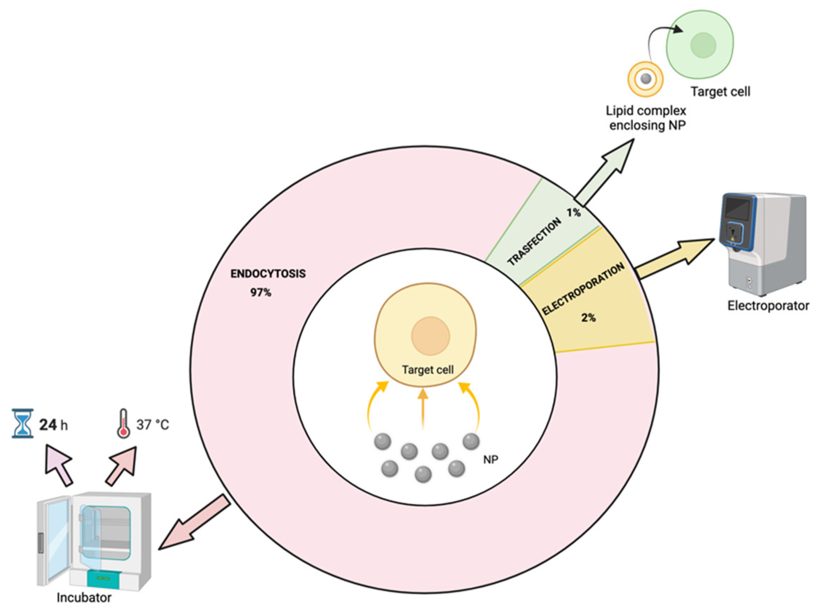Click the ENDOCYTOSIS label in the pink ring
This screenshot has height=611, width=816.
click(x=268, y=274)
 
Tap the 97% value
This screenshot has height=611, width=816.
click(x=261, y=293)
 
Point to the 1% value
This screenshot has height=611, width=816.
click(x=574, y=212)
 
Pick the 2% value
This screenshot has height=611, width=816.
click(x=588, y=317)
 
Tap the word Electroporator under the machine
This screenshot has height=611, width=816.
click(x=768, y=305)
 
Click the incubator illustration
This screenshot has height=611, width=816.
click(x=94, y=541)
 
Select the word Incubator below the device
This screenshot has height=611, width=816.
click(x=84, y=597)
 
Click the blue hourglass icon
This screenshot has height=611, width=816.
click(x=23, y=424)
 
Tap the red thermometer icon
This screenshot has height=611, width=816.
click(x=123, y=424)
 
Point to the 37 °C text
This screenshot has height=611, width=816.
click(x=152, y=425)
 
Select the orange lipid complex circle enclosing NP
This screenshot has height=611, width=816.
click(x=645, y=79)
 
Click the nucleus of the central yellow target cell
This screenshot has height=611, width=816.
click(x=430, y=336)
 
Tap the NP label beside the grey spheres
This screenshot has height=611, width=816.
click(x=490, y=459)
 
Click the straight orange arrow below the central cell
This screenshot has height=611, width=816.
click(x=423, y=408)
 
